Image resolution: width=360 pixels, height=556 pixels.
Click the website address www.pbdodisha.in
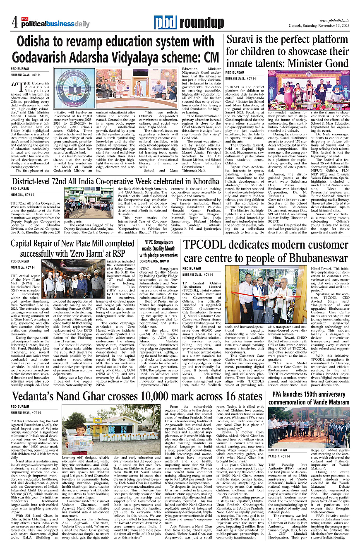click(335, 20)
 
